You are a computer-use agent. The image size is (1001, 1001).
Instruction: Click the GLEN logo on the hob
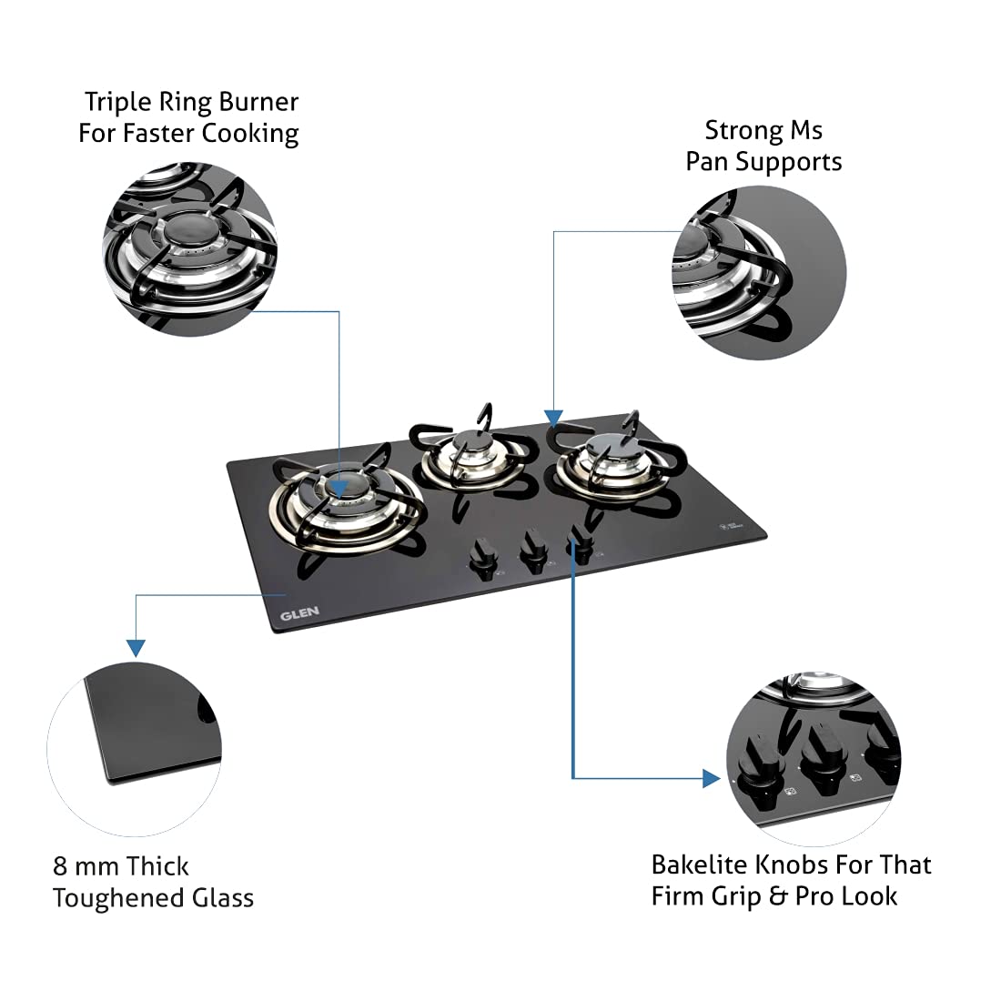click(299, 613)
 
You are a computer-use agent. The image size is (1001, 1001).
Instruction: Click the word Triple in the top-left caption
click(118, 102)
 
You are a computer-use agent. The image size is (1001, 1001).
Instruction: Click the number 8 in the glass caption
click(60, 866)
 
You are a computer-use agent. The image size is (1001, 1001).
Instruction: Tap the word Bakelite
click(700, 864)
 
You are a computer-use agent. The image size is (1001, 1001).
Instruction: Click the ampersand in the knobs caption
click(777, 896)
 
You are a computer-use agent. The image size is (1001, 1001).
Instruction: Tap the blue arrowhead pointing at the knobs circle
click(712, 778)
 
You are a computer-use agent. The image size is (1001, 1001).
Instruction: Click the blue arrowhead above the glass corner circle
click(136, 648)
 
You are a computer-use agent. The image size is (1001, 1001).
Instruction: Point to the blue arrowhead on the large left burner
click(339, 489)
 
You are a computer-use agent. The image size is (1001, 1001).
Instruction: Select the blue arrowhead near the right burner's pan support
click(553, 419)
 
